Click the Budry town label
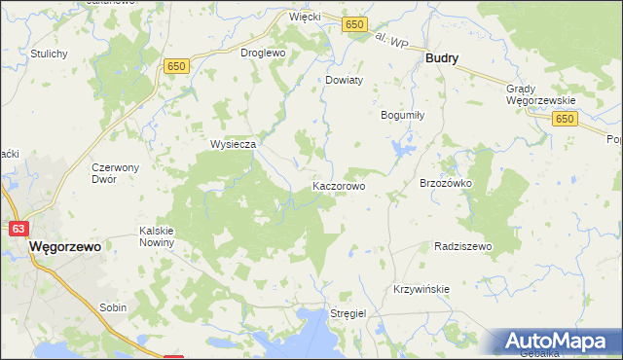(442, 58)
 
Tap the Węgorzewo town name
(66, 247)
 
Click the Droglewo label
(262, 53)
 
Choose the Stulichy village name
(49, 53)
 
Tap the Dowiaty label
(344, 81)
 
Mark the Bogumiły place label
(401, 114)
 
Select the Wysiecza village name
(234, 144)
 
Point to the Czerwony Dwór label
(117, 173)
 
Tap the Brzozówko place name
(445, 183)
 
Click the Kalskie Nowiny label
(156, 236)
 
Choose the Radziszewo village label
(463, 247)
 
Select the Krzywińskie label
(421, 290)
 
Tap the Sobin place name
(113, 307)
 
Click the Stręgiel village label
(348, 314)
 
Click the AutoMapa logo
(559, 342)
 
